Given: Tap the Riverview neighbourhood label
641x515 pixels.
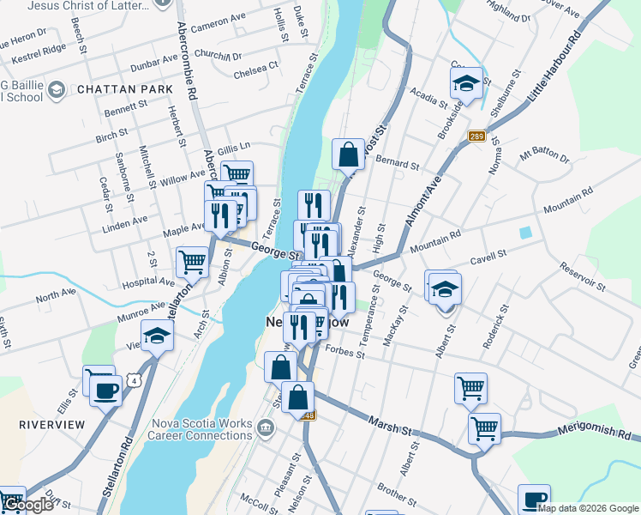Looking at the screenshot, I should pos(52,425).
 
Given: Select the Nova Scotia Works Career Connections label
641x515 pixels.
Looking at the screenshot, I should pos(202,431).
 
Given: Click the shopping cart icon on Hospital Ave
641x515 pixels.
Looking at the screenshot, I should pos(192,263).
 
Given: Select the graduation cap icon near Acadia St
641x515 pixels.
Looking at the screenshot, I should pos(466,83).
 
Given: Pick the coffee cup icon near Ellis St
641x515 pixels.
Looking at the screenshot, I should pos(106,391).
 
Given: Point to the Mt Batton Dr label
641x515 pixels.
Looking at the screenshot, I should pos(544,156).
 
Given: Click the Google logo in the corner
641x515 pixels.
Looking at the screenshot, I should pos(27,505).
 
